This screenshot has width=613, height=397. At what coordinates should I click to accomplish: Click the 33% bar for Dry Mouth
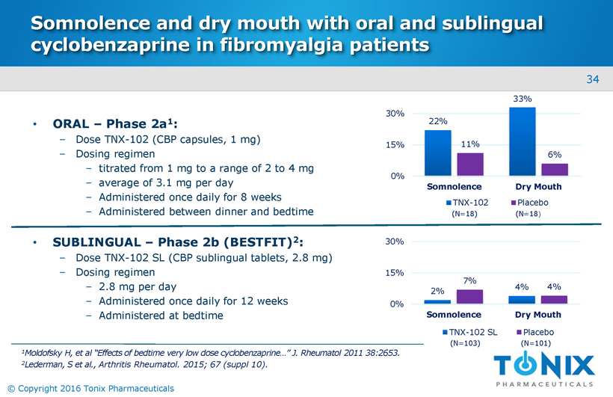522,141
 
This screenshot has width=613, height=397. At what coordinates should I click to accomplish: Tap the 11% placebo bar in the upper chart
470,164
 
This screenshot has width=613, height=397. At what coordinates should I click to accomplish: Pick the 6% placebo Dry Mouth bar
554,169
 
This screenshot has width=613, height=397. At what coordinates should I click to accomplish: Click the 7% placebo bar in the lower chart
470,296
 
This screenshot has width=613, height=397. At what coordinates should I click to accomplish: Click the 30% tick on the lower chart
395,241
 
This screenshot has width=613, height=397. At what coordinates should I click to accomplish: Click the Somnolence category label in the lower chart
454,315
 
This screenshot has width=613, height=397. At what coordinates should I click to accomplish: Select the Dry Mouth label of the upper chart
539,186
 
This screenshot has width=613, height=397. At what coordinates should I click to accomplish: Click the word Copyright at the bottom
44,388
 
